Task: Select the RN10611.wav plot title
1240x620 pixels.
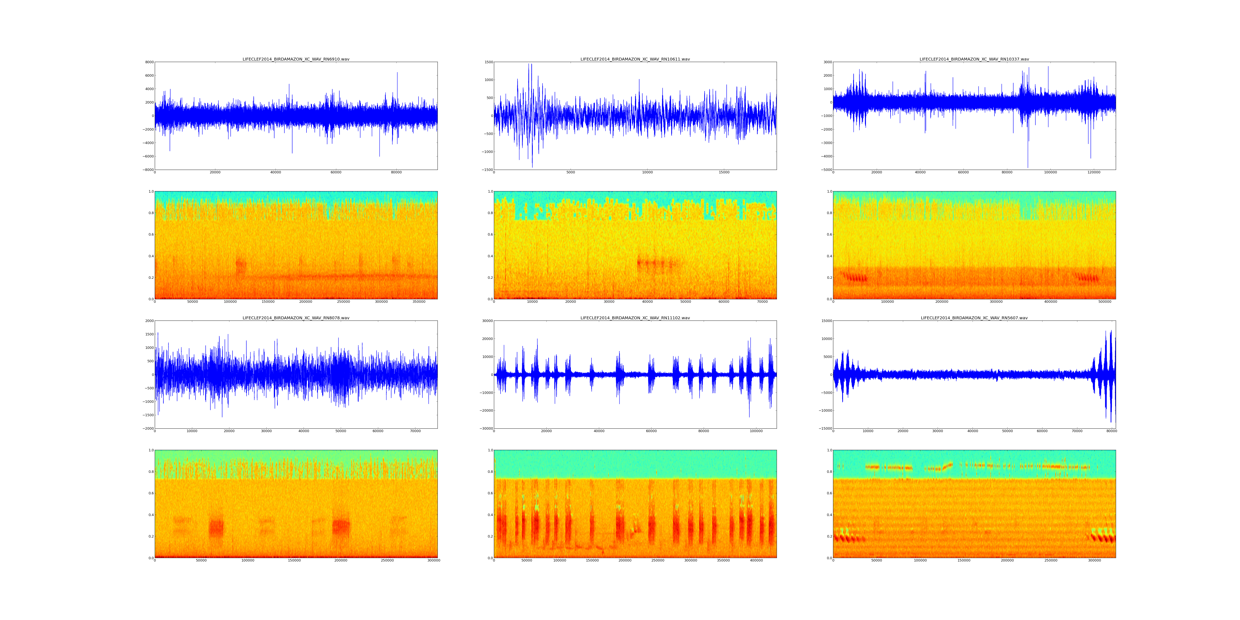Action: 635,59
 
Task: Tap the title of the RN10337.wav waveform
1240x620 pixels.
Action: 974,59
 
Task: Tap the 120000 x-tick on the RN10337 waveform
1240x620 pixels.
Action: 1094,172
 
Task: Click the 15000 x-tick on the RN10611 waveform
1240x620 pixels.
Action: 724,172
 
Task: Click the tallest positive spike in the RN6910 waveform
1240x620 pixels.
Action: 397,73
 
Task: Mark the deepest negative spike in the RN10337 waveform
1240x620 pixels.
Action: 1028,167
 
